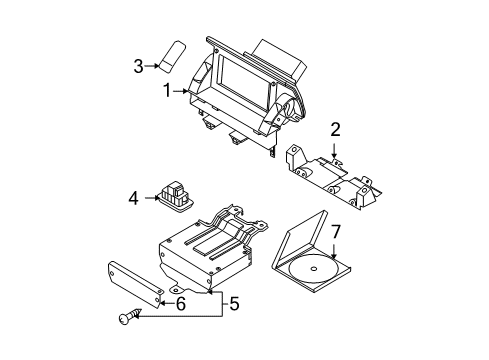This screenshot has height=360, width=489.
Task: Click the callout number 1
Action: click(167, 91)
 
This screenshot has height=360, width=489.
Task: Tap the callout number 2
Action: click(335, 130)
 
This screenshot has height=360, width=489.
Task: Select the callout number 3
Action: click(138, 66)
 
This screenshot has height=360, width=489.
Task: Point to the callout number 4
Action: click(133, 199)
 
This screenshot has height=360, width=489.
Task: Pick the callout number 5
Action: click(234, 304)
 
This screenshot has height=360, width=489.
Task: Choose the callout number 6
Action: click(181, 303)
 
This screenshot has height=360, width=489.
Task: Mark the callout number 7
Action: click(335, 231)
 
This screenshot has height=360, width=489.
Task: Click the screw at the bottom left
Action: click(129, 316)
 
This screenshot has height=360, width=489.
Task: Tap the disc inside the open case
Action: click(313, 269)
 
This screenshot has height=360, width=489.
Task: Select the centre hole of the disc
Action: click(314, 269)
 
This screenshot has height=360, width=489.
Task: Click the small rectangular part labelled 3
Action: click(172, 56)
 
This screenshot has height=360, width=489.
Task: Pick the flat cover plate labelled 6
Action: click(135, 285)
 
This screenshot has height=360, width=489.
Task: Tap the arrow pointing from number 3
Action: click(152, 66)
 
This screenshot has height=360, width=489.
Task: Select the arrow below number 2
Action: click(334, 149)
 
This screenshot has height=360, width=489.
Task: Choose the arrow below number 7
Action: click(334, 250)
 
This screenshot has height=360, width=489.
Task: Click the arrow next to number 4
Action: click(152, 198)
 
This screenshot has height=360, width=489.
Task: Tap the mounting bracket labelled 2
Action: click(333, 177)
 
